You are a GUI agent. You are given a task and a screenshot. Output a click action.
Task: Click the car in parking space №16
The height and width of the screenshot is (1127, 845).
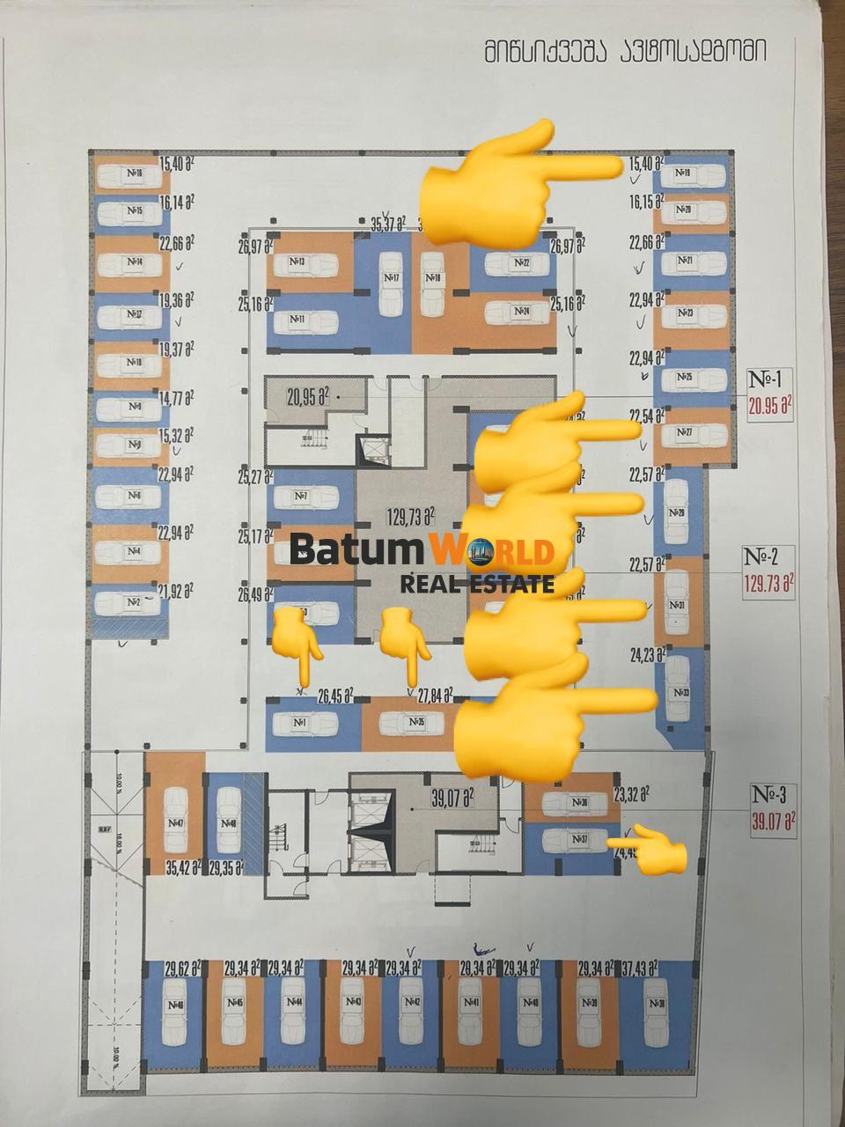click(131, 174)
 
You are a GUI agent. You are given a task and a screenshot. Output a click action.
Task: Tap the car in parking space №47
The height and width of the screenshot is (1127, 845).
click(174, 821)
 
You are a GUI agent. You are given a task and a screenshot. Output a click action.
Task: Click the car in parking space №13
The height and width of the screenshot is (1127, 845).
click(310, 262)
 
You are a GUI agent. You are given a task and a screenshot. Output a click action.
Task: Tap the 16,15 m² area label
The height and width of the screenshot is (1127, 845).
click(647, 202)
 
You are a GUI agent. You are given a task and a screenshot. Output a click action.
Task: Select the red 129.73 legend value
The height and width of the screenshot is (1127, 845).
click(769, 582)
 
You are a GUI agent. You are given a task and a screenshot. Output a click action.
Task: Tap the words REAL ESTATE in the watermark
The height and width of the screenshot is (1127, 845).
click(476, 583)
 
